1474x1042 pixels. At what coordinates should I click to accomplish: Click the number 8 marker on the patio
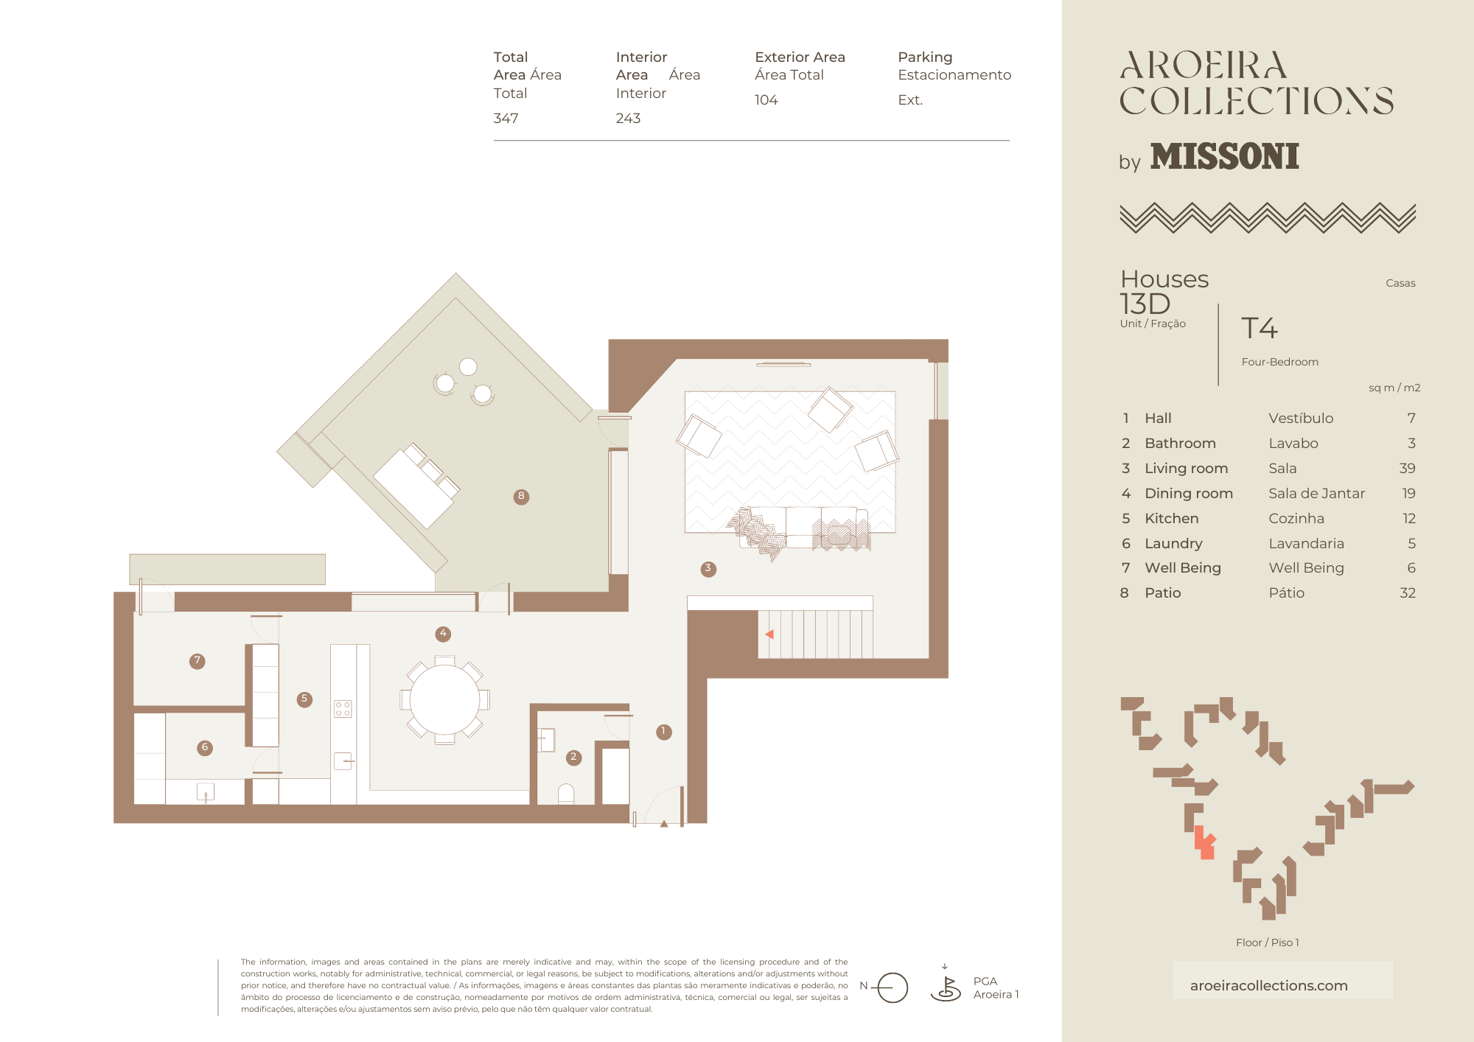(x=521, y=497)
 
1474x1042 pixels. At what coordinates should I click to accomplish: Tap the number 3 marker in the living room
(x=708, y=569)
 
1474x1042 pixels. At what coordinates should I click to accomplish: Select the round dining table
(x=444, y=700)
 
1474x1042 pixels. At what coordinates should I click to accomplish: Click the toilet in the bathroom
(x=566, y=793)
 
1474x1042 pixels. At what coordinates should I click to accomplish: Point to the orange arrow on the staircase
(x=769, y=634)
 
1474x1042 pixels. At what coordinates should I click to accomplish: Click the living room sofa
(x=803, y=528)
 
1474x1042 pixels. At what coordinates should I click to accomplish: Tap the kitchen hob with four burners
(x=343, y=709)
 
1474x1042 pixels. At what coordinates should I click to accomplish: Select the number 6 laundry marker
(x=205, y=748)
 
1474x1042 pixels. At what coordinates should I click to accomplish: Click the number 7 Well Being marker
(x=197, y=661)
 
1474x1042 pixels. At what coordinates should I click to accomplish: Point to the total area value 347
(x=506, y=119)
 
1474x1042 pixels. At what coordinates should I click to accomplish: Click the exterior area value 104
(x=766, y=100)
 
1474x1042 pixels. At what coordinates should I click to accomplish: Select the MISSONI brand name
(x=1225, y=156)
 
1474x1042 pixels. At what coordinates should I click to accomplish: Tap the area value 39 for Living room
(x=1407, y=469)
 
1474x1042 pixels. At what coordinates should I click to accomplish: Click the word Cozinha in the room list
(x=1296, y=519)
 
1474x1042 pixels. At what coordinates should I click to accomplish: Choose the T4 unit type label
(x=1260, y=329)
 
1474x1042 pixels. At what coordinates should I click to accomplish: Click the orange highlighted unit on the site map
(x=1204, y=842)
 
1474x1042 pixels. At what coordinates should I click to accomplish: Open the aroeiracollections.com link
(x=1268, y=986)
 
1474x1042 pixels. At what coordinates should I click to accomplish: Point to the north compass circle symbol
(x=893, y=987)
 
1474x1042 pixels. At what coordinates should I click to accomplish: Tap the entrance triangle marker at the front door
(x=664, y=824)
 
